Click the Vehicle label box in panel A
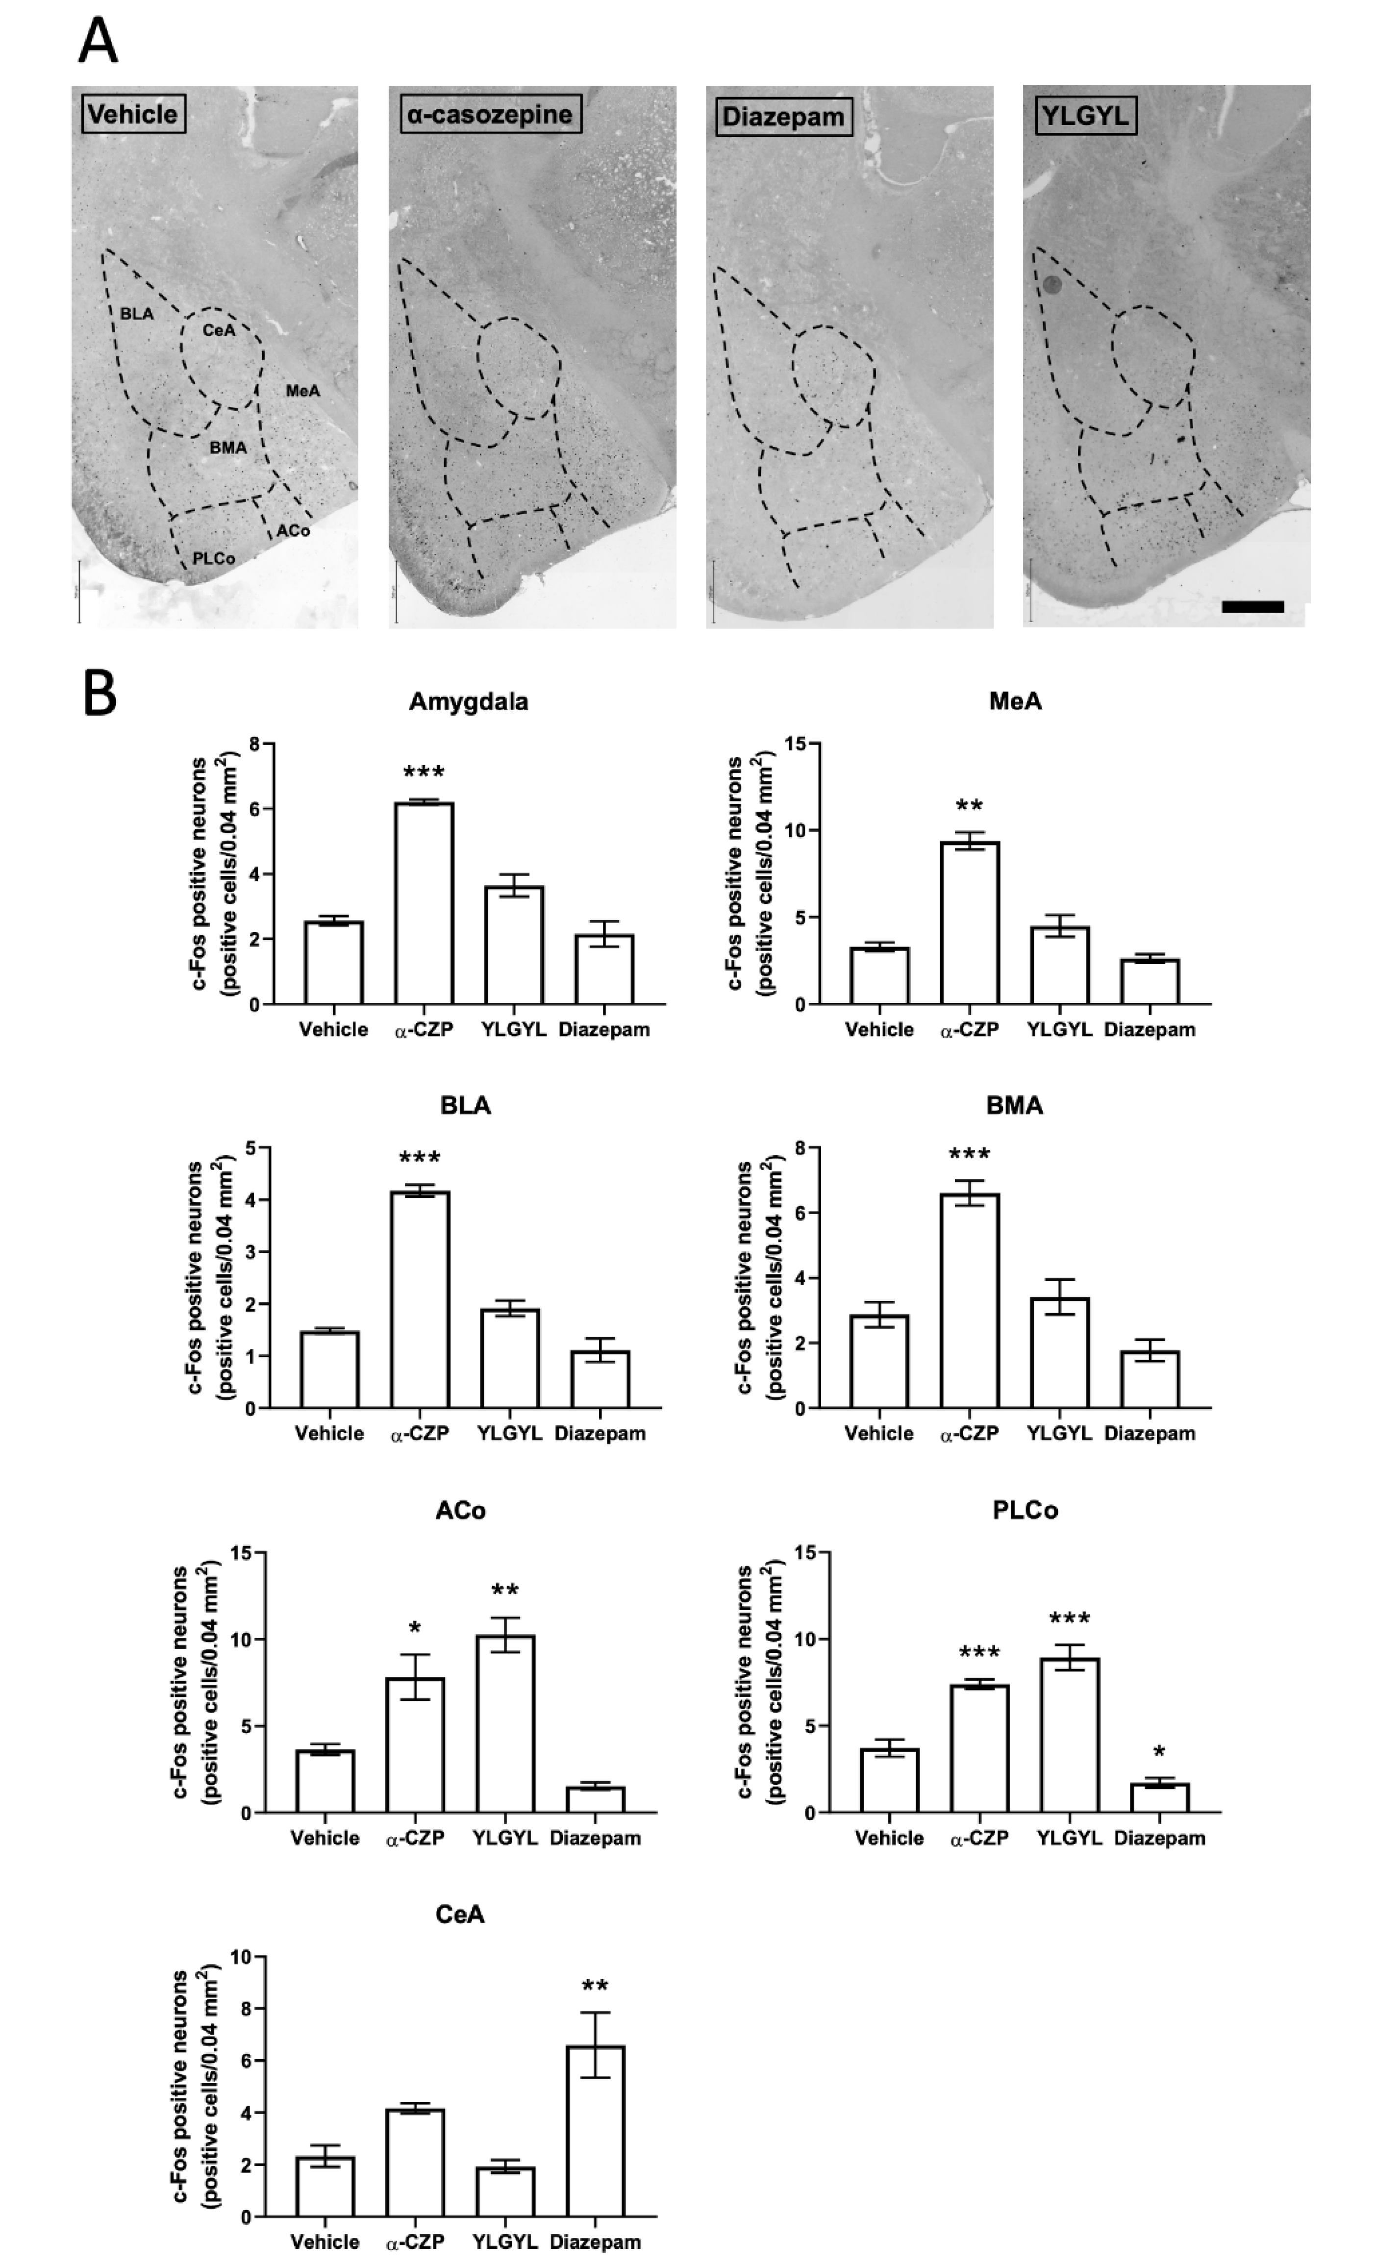point(133,114)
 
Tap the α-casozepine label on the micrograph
point(486,114)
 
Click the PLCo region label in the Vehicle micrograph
point(213,558)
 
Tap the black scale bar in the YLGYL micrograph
point(1252,606)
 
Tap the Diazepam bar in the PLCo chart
point(1159,1797)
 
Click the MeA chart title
point(1015,702)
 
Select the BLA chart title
point(465,1105)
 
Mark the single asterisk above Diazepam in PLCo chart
point(1159,1752)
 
